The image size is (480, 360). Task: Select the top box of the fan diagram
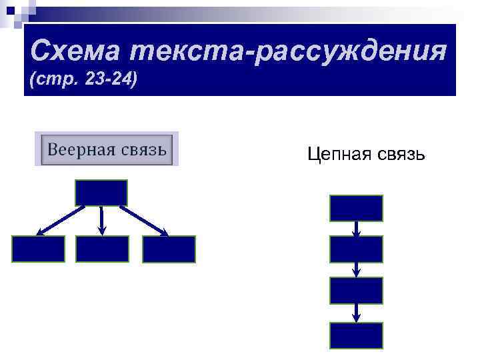click(x=101, y=193)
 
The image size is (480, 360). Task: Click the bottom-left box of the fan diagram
click(x=38, y=249)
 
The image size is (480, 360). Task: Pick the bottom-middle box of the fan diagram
click(x=102, y=249)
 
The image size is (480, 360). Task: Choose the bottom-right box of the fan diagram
click(x=169, y=249)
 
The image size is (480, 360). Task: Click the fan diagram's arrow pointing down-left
click(x=60, y=221)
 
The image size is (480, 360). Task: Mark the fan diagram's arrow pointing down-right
click(x=144, y=221)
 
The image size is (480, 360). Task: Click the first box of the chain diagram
click(x=356, y=208)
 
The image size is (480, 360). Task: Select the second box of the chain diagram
click(x=356, y=249)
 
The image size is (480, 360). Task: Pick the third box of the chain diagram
click(x=356, y=291)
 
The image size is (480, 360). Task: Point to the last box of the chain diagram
click(x=356, y=335)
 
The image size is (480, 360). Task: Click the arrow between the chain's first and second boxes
click(x=357, y=229)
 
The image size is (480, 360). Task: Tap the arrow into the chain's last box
click(x=357, y=313)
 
